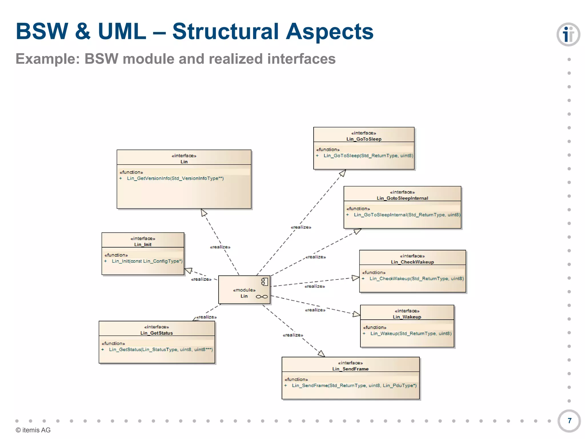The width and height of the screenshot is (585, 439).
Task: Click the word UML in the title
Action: (x=122, y=31)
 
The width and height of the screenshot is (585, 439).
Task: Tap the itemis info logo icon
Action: (x=568, y=35)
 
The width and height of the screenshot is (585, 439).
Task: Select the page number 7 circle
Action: (x=569, y=421)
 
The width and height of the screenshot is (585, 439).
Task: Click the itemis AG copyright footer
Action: (x=33, y=430)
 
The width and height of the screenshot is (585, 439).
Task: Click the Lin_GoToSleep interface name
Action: (x=364, y=139)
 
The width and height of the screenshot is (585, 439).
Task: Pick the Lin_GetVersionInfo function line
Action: (x=175, y=178)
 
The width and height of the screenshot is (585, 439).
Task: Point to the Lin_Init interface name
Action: (x=143, y=245)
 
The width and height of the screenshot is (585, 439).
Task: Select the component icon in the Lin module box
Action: (x=265, y=282)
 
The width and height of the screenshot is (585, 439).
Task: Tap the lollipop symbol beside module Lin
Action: (x=262, y=297)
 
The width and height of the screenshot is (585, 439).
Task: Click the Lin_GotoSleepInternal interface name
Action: (x=402, y=198)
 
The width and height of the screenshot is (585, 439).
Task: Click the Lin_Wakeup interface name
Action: (x=407, y=317)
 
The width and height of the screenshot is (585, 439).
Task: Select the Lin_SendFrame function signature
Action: (x=354, y=386)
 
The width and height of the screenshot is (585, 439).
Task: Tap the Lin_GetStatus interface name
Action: (x=157, y=333)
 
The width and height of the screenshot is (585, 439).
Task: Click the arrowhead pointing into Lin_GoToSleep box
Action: (x=343, y=173)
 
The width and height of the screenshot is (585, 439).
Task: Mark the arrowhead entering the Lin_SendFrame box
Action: (x=321, y=354)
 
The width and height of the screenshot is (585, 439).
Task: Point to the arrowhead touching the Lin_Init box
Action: (x=189, y=270)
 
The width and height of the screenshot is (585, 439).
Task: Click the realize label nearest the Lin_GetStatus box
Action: (x=206, y=317)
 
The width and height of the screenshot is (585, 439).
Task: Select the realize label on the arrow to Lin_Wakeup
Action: (x=315, y=310)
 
